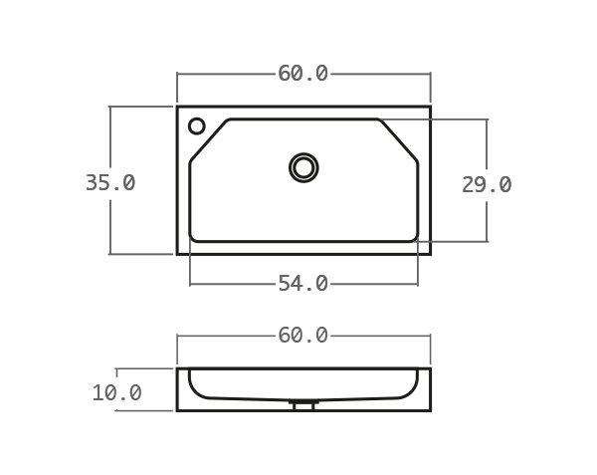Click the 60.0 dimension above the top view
(x=303, y=74)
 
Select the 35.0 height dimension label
(x=110, y=183)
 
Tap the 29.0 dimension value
(x=487, y=185)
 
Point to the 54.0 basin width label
(x=303, y=284)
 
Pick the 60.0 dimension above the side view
(x=303, y=336)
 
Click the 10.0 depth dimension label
(x=117, y=393)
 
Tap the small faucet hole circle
(x=197, y=126)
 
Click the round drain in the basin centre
(x=303, y=167)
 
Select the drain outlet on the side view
(x=303, y=405)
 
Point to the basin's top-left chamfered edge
(x=208, y=138)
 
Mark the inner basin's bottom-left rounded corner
(x=193, y=238)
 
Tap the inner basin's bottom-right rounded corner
(x=414, y=238)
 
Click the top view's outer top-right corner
(x=430, y=107)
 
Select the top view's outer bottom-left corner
(x=178, y=254)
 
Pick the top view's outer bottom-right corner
(x=430, y=254)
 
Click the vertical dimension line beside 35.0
(x=110, y=139)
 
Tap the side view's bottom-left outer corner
(x=178, y=410)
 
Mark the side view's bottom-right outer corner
(x=430, y=410)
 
